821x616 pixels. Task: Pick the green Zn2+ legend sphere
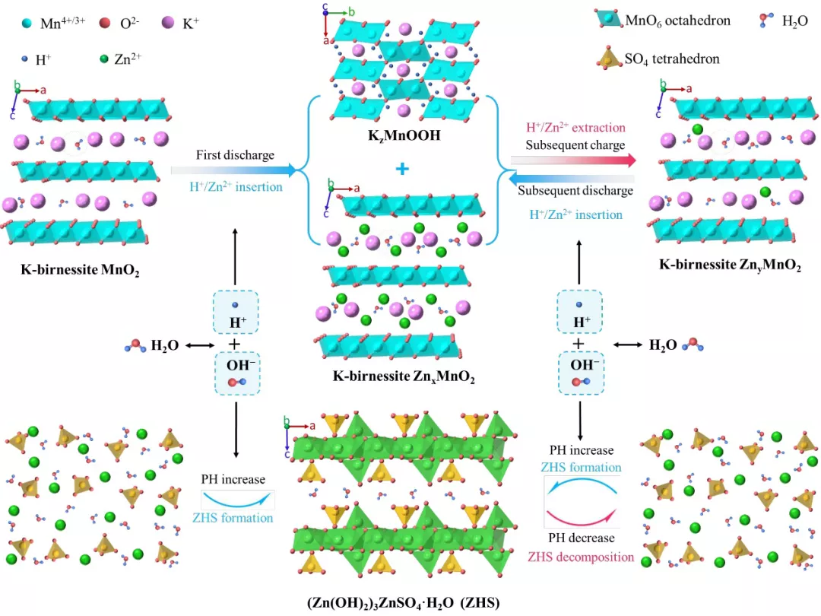point(103,58)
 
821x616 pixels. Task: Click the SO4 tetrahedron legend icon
point(607,57)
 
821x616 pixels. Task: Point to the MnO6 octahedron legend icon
point(607,21)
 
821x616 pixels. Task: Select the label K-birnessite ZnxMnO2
point(404,376)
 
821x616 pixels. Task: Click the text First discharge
point(235,155)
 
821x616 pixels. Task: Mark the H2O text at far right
point(664,345)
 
